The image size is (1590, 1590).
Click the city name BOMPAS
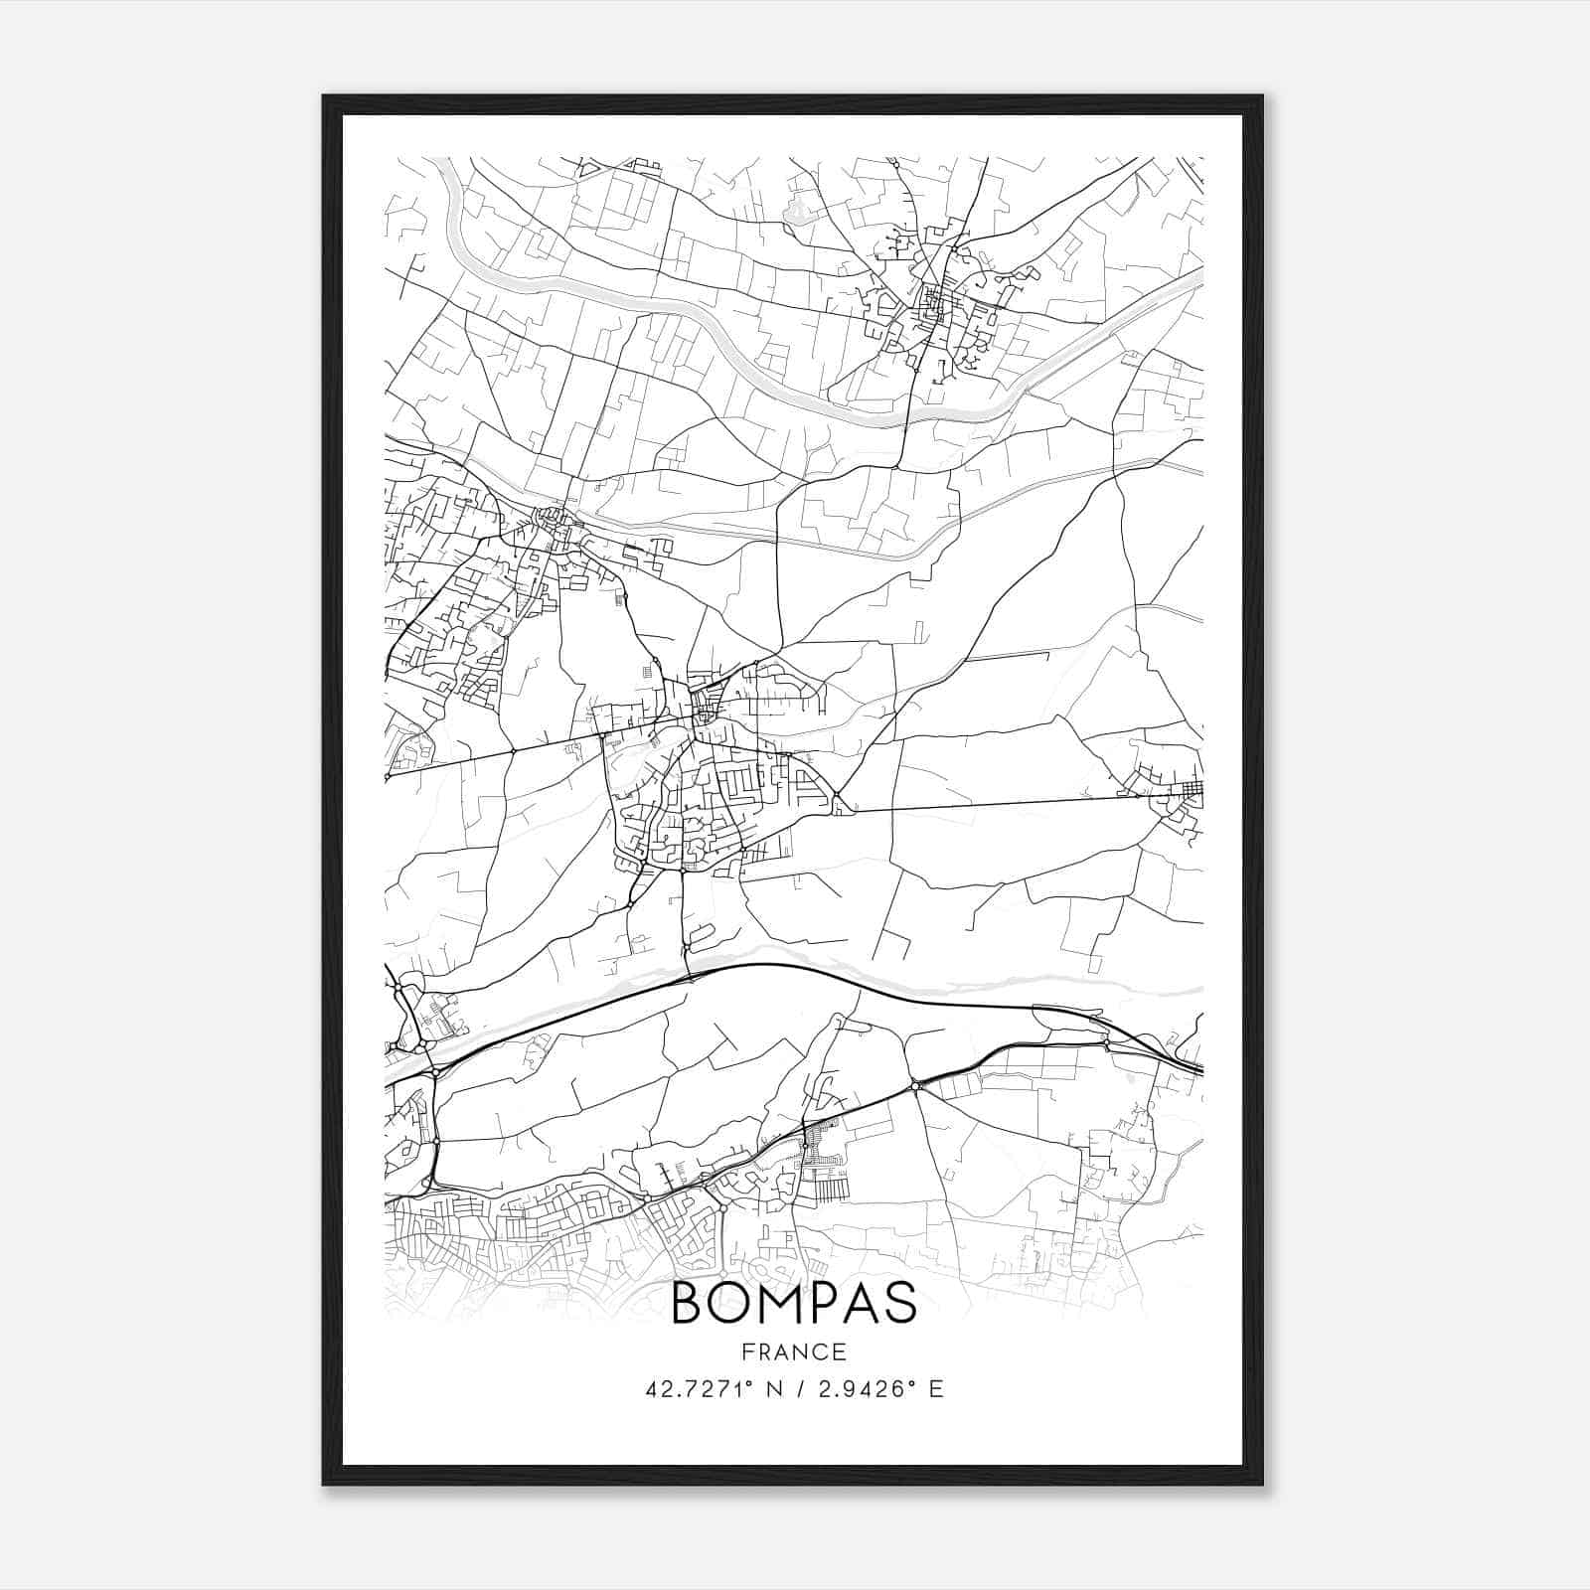click(x=794, y=1303)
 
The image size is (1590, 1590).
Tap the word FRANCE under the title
click(x=794, y=1351)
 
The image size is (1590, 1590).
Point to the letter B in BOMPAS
click(x=689, y=1303)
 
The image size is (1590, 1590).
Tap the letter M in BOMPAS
click(x=778, y=1303)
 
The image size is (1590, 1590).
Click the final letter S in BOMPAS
click(x=900, y=1303)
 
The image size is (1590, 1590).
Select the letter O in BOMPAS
click(x=730, y=1303)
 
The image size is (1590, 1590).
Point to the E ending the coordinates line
click(x=936, y=1389)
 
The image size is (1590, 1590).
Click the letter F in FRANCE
click(x=747, y=1351)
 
